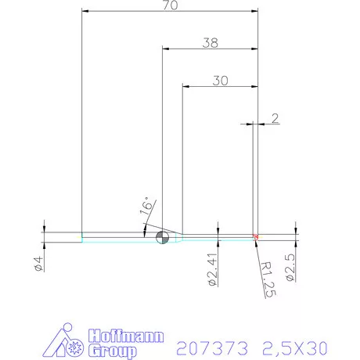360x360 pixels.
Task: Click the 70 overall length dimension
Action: pos(170,5)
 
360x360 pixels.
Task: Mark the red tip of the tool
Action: pos(256,236)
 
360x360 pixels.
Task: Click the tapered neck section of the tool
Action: pos(179,237)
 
